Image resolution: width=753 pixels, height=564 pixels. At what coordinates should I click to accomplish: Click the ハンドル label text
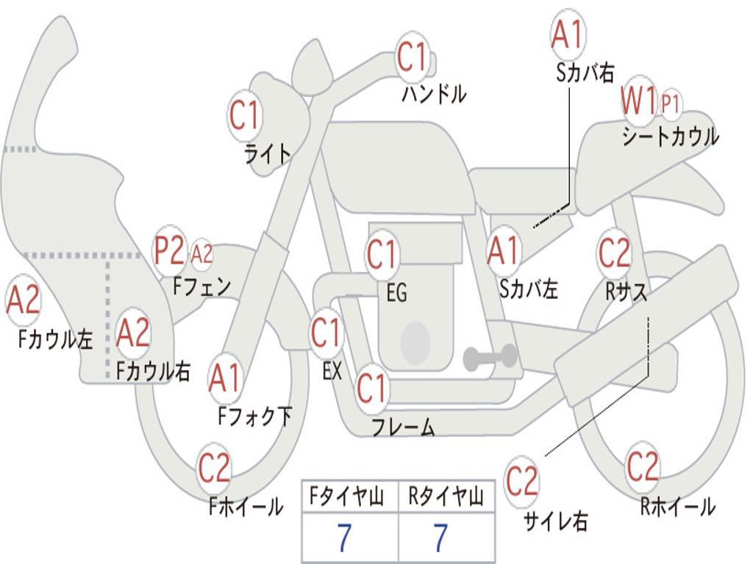point(434,94)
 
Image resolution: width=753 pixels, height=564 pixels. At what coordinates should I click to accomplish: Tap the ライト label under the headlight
point(268,153)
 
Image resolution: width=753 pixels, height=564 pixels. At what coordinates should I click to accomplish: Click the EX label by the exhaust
point(332,371)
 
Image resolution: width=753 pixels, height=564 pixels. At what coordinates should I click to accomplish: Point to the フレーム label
point(403,426)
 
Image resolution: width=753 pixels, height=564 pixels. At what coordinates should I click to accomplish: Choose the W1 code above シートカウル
point(638,101)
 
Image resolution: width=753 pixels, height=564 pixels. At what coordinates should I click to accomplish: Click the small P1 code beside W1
point(671,104)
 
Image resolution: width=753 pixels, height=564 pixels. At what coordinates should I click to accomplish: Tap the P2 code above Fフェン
point(168,252)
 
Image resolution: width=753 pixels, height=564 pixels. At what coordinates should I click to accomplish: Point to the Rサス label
point(627,292)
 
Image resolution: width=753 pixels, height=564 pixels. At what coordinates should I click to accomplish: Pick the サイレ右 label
point(556,521)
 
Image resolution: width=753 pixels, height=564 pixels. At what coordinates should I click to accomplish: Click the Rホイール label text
point(677,506)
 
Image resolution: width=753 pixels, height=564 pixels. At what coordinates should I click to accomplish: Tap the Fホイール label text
point(246,506)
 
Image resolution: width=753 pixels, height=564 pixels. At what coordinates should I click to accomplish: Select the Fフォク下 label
point(254,416)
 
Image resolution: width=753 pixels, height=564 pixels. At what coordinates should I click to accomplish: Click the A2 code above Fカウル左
point(23,300)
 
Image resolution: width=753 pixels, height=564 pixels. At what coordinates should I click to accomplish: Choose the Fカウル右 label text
point(154,370)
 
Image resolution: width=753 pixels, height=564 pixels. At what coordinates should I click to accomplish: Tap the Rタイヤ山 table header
point(446,497)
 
